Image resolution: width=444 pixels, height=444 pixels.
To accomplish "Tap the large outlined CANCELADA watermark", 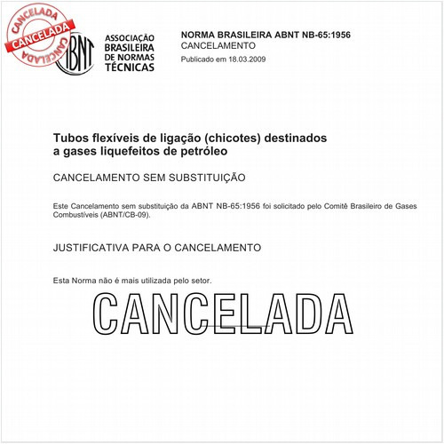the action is (x=221, y=313).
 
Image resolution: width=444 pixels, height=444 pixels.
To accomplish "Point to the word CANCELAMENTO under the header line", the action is (x=218, y=44).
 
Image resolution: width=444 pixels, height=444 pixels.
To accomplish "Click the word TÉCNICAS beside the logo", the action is (x=129, y=67).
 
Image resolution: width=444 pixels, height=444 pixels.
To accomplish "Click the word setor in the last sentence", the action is (x=200, y=281).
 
